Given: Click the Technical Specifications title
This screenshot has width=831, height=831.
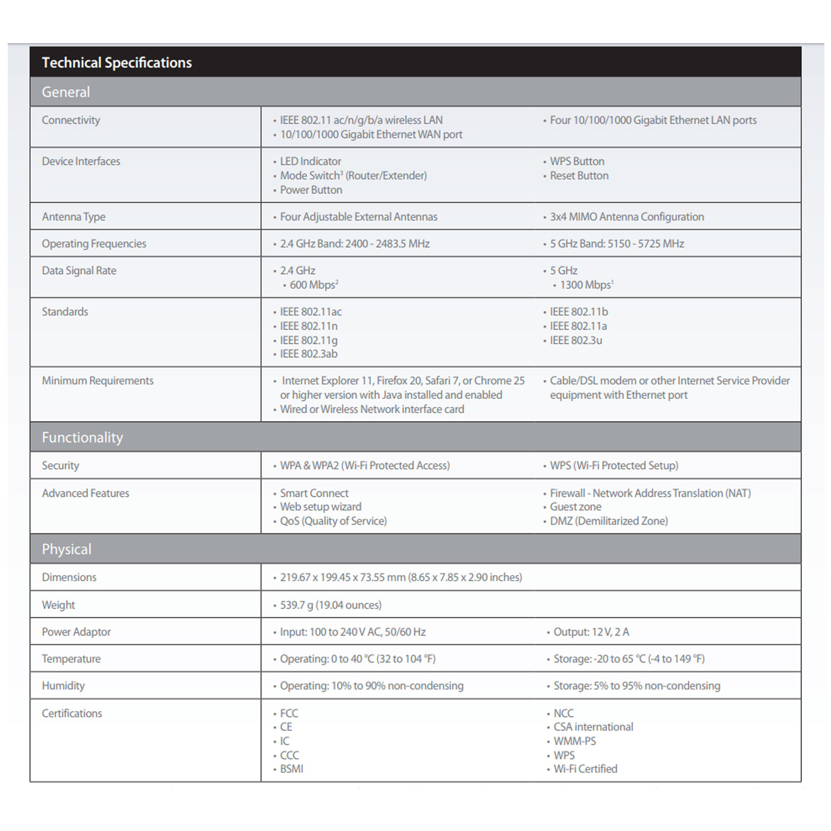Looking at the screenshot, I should (x=117, y=63).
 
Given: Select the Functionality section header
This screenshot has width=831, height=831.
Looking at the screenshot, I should (x=83, y=438).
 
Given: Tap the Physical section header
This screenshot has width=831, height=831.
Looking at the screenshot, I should (x=66, y=550).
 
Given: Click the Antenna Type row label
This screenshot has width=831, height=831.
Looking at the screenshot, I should (x=74, y=217).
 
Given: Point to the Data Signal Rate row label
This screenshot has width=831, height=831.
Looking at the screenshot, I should (x=79, y=270).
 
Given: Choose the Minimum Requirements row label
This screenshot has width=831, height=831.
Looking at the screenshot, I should (x=98, y=381).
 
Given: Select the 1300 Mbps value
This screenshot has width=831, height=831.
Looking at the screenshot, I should (x=586, y=285).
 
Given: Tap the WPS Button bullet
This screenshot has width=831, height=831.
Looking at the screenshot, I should (x=577, y=161).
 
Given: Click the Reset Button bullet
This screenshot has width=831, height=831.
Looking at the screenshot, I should (x=579, y=176).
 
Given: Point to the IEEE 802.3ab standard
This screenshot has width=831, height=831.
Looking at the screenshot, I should (x=309, y=353).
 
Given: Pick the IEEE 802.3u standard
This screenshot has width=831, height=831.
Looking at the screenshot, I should (x=576, y=340).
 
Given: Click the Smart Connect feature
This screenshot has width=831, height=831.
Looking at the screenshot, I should (x=314, y=493).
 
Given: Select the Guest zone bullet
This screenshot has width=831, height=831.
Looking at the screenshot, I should (x=575, y=506).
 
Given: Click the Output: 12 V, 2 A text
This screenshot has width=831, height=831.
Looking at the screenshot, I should (x=591, y=632).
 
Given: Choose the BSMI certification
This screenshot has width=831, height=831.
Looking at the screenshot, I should (x=291, y=768).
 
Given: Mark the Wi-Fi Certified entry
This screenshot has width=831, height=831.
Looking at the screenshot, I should (x=585, y=768).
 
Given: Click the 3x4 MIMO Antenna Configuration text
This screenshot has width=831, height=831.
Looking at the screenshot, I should (x=627, y=217).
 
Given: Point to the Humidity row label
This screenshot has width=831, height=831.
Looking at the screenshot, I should (x=63, y=686).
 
